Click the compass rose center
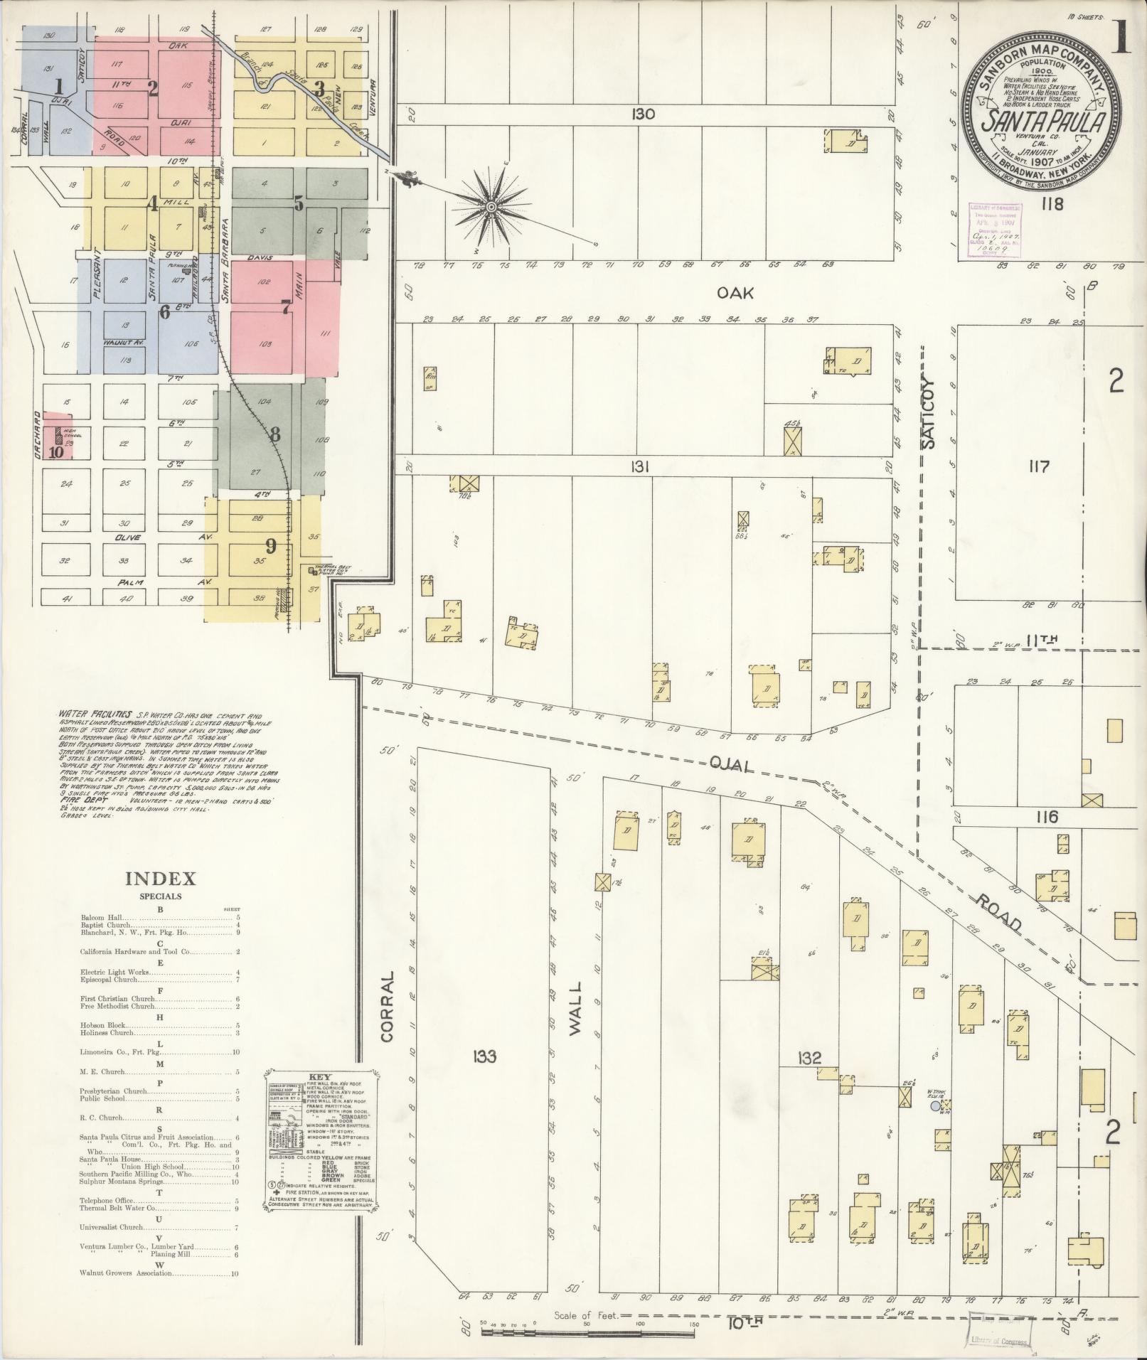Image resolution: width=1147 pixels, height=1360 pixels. [x=490, y=207]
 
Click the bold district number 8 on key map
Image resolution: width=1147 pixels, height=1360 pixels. [x=274, y=433]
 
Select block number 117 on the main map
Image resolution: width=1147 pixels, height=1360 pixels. [x=1038, y=467]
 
